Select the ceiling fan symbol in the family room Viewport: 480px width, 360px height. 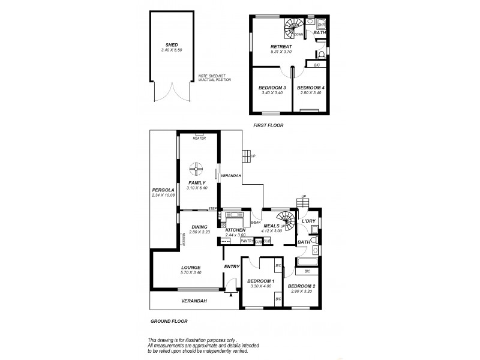[x=196, y=169]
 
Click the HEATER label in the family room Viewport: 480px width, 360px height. [x=199, y=138]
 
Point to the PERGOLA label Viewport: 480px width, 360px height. [x=162, y=190]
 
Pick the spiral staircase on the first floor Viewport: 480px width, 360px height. [x=293, y=27]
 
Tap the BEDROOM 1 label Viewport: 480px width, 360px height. [x=261, y=281]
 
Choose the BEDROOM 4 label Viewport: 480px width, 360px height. [x=310, y=88]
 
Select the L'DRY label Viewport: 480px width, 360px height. [x=309, y=221]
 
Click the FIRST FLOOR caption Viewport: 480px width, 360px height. [x=268, y=125]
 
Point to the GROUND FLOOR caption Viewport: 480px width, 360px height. [x=167, y=321]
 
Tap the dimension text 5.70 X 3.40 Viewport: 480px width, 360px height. [x=191, y=273]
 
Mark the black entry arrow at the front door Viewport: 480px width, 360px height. [x=230, y=294]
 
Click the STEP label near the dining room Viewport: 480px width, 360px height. [x=212, y=208]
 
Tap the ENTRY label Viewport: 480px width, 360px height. [x=232, y=266]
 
